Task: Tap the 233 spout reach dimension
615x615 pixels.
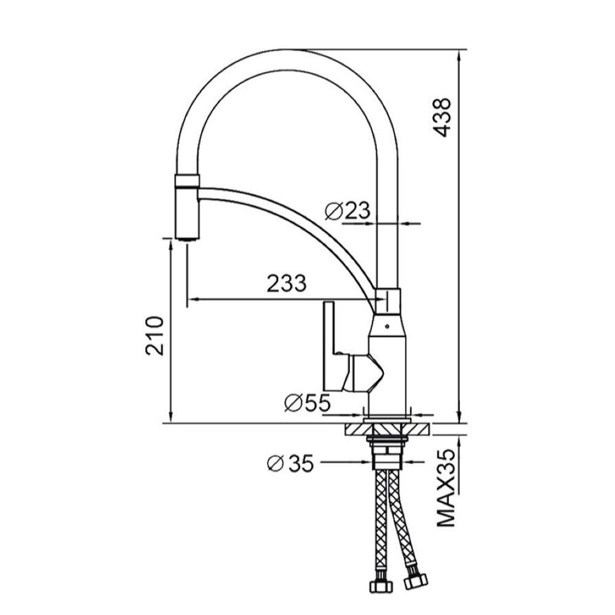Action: [x=287, y=283]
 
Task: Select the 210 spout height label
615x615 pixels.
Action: [x=154, y=336]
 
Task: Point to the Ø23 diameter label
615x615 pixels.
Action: [x=347, y=211]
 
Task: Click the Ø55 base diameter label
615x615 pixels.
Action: [x=307, y=403]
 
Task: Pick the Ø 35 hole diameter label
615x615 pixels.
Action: [x=290, y=463]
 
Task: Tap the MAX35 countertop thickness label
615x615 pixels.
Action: [x=446, y=488]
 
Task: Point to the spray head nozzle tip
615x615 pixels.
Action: [x=187, y=237]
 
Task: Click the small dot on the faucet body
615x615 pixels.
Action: [x=387, y=326]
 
